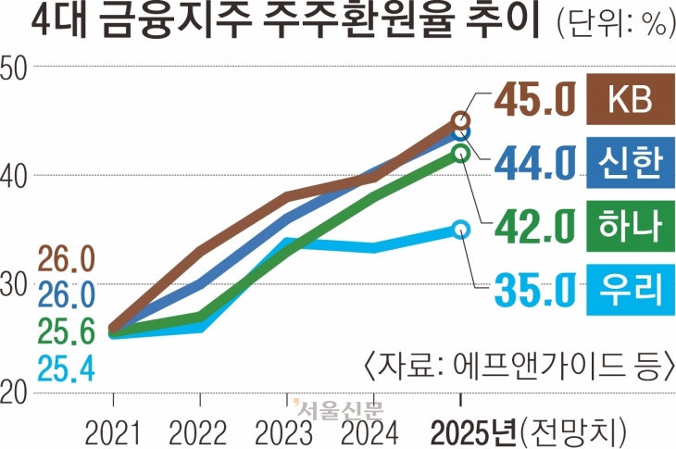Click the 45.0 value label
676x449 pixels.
(x=535, y=98)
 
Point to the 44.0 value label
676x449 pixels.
(x=535, y=163)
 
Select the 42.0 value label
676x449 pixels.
(x=535, y=226)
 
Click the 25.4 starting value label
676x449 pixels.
(x=66, y=370)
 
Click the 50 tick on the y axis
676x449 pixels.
(x=18, y=67)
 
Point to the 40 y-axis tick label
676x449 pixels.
(x=18, y=176)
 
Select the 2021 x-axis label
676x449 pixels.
(x=113, y=430)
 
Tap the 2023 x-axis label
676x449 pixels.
(x=286, y=430)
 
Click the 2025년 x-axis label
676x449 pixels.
(x=478, y=430)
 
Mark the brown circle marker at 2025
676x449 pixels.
(x=461, y=120)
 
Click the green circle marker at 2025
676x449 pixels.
(x=461, y=153)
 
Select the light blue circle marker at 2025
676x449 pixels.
(x=461, y=229)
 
